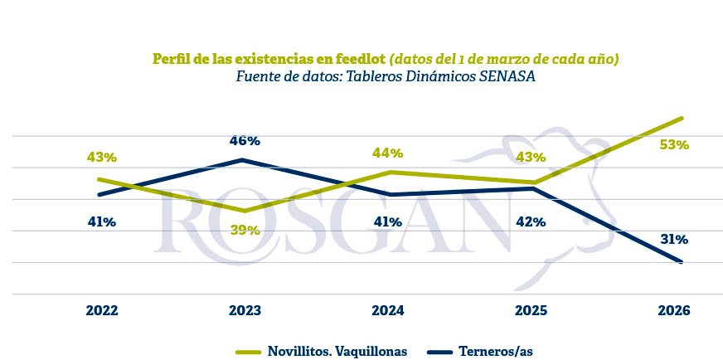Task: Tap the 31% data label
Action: click(x=674, y=239)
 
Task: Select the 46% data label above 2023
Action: click(x=245, y=140)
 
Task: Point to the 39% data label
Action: click(x=245, y=230)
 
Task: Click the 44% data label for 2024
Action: click(x=387, y=153)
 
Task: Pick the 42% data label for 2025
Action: click(x=530, y=221)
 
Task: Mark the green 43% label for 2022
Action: click(x=102, y=157)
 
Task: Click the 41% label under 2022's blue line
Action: click(x=102, y=221)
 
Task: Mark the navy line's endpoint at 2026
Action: click(x=681, y=262)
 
